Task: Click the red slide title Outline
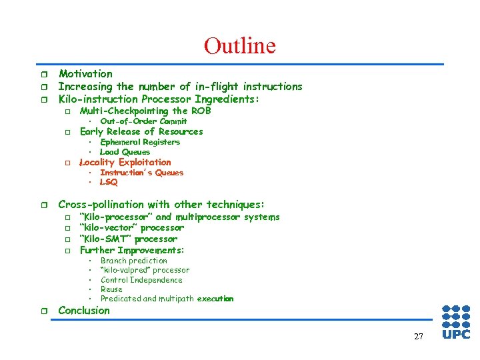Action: click(x=239, y=45)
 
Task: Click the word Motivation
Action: click(x=85, y=74)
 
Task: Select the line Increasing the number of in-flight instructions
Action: click(x=180, y=87)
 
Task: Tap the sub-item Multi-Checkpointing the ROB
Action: click(x=145, y=111)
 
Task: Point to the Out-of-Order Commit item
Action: click(x=143, y=121)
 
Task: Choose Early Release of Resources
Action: click(x=141, y=131)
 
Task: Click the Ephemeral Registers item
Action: click(x=140, y=142)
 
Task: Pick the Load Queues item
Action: click(x=125, y=152)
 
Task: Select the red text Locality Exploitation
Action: click(x=125, y=162)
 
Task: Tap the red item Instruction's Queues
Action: click(x=141, y=173)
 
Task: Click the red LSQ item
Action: click(x=108, y=183)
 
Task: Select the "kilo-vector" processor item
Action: click(x=131, y=228)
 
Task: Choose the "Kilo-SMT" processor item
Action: click(x=128, y=239)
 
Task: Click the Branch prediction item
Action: click(x=133, y=261)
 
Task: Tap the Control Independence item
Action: click(x=141, y=280)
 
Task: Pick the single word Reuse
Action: click(x=111, y=289)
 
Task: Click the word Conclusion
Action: click(x=84, y=311)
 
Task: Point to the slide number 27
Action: click(x=418, y=337)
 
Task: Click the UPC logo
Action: click(x=456, y=322)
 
